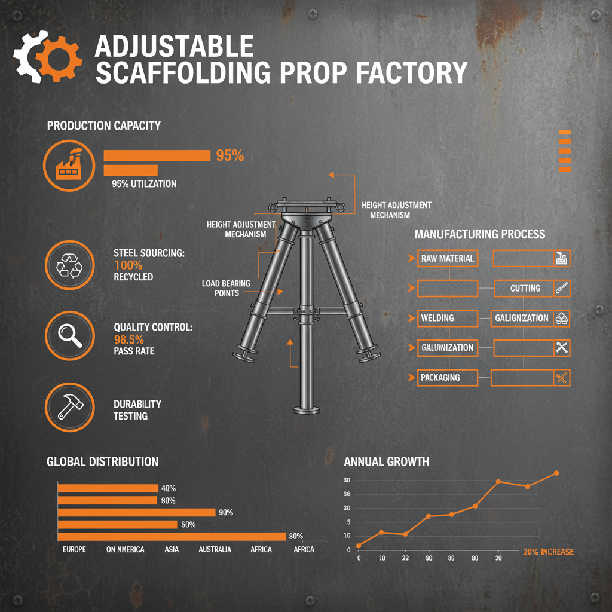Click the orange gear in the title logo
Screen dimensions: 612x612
(58, 58)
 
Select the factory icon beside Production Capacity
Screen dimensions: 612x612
(69, 165)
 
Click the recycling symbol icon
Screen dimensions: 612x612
(69, 265)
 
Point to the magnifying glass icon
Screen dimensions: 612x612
(69, 335)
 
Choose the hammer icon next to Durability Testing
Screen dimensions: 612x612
(69, 407)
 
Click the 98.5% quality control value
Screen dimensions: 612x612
(128, 339)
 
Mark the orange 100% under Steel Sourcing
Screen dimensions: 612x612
(128, 265)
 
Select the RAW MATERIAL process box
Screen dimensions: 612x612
(447, 258)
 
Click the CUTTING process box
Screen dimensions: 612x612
(524, 288)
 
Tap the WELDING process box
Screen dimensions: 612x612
(447, 318)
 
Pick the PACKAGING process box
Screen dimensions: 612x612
(447, 377)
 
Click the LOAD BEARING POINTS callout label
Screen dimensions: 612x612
(226, 288)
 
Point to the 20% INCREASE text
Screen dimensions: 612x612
(547, 552)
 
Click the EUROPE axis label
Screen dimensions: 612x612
(74, 549)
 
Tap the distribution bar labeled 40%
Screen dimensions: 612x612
(108, 488)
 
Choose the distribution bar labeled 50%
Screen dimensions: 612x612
(117, 524)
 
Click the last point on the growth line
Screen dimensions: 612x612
(556, 473)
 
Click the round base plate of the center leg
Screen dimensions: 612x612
(307, 410)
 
